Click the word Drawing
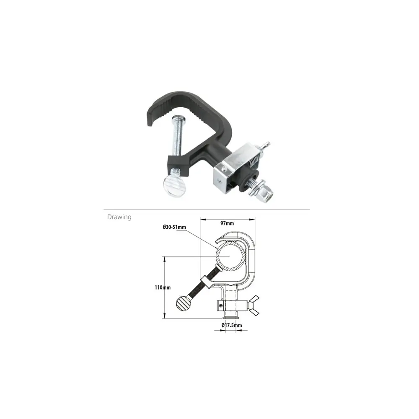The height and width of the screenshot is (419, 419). (x=119, y=217)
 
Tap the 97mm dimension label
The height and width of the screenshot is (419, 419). (x=227, y=223)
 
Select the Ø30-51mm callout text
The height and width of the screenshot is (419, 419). (x=174, y=227)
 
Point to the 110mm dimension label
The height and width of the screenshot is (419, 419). (x=163, y=287)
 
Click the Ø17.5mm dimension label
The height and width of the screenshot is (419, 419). (x=232, y=325)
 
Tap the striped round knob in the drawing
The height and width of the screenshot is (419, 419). (x=183, y=303)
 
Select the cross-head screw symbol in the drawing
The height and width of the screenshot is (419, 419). (x=220, y=305)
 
